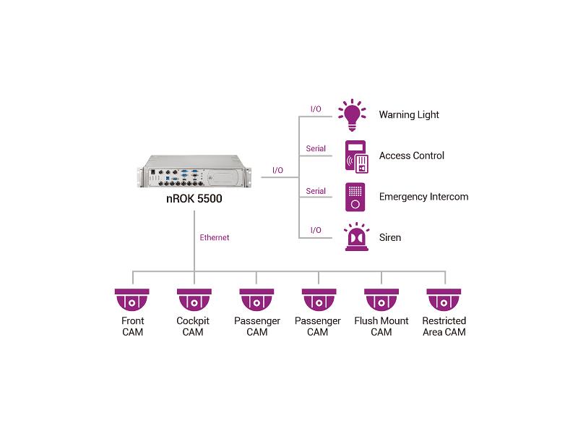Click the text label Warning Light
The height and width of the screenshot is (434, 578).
click(409, 115)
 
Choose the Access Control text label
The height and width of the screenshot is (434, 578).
click(411, 156)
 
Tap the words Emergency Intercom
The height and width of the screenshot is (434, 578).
click(423, 197)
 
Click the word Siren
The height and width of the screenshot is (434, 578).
click(390, 237)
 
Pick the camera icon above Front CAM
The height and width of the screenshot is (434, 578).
click(132, 299)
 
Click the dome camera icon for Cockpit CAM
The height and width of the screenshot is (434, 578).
click(194, 299)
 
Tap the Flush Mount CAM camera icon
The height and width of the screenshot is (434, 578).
click(381, 299)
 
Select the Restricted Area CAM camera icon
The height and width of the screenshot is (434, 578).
click(444, 299)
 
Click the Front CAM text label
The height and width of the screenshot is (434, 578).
click(132, 326)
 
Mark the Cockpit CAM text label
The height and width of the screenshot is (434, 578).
click(194, 326)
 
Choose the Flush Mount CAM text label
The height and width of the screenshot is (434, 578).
click(381, 326)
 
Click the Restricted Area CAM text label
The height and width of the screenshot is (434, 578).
click(444, 326)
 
